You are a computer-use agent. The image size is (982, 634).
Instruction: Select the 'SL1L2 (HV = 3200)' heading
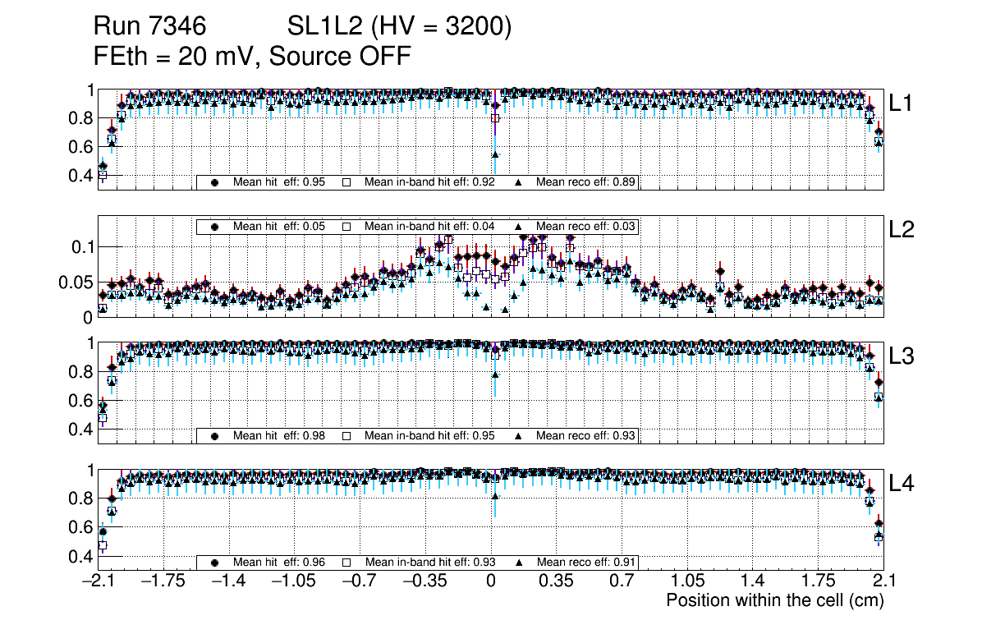coord(400,27)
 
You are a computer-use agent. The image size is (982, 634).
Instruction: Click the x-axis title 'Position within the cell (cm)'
coord(774,600)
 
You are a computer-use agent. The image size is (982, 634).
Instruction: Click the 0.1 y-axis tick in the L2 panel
coord(82,246)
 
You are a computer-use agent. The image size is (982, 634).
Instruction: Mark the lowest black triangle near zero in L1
coord(495,154)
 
